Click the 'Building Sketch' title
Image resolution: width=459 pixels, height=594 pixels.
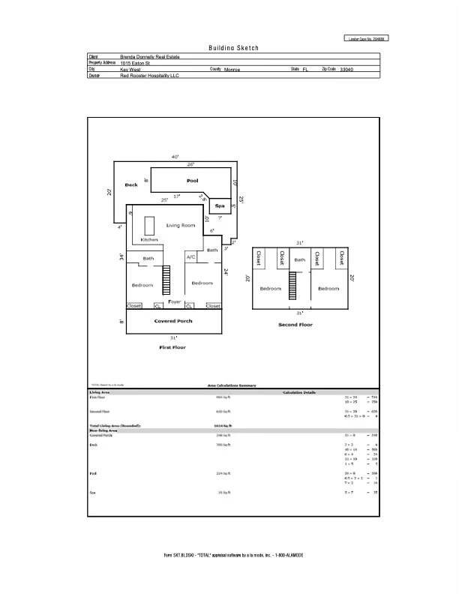(233, 47)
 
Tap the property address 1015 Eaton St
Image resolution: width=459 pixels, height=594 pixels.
(136, 63)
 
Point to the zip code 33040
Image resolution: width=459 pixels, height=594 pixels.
(346, 69)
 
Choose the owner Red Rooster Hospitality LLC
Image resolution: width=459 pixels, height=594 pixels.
(150, 76)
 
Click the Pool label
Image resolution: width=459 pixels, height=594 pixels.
(192, 181)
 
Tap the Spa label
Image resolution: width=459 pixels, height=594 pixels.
(220, 205)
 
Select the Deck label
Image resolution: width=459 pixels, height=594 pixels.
(131, 184)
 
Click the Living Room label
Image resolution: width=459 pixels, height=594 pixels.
(181, 225)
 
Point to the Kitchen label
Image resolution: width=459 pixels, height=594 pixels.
(149, 239)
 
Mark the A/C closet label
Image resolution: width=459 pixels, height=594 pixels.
(190, 258)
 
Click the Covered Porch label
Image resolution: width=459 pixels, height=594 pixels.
(173, 321)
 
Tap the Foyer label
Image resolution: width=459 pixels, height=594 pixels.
(175, 301)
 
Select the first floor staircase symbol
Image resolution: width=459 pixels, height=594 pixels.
(168, 282)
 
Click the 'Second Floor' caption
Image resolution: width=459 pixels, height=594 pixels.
(295, 325)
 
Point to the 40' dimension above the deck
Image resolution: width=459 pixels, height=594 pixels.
(175, 157)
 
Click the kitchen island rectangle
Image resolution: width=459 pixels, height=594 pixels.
(149, 225)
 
